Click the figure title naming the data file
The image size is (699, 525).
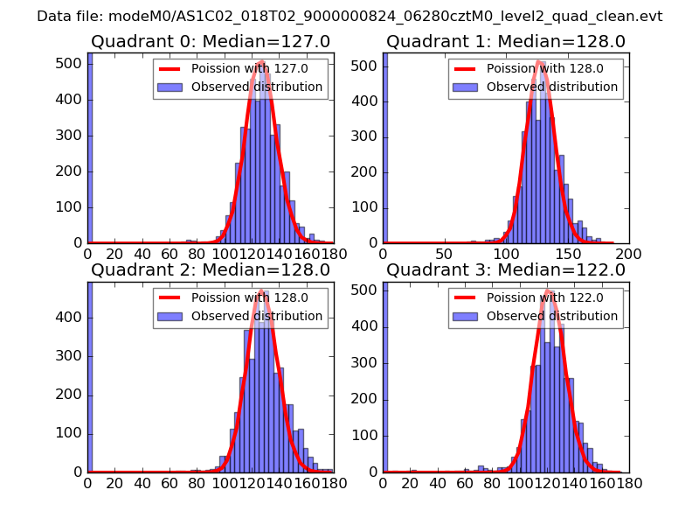coord(349,17)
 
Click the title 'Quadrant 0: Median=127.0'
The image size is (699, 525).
coord(210,42)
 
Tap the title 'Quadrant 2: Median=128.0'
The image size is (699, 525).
coord(210,270)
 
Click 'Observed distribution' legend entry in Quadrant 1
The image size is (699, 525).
coord(551,87)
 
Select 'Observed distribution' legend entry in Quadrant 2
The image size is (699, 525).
coord(256,316)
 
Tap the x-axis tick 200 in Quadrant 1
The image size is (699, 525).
coord(628,255)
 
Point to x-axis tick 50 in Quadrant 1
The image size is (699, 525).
coord(444,255)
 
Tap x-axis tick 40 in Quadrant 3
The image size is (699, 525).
coord(437,483)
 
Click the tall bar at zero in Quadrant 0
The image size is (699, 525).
coord(90,149)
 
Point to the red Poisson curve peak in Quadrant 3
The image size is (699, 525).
coord(549,291)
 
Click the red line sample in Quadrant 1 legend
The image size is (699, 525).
coord(466,69)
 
